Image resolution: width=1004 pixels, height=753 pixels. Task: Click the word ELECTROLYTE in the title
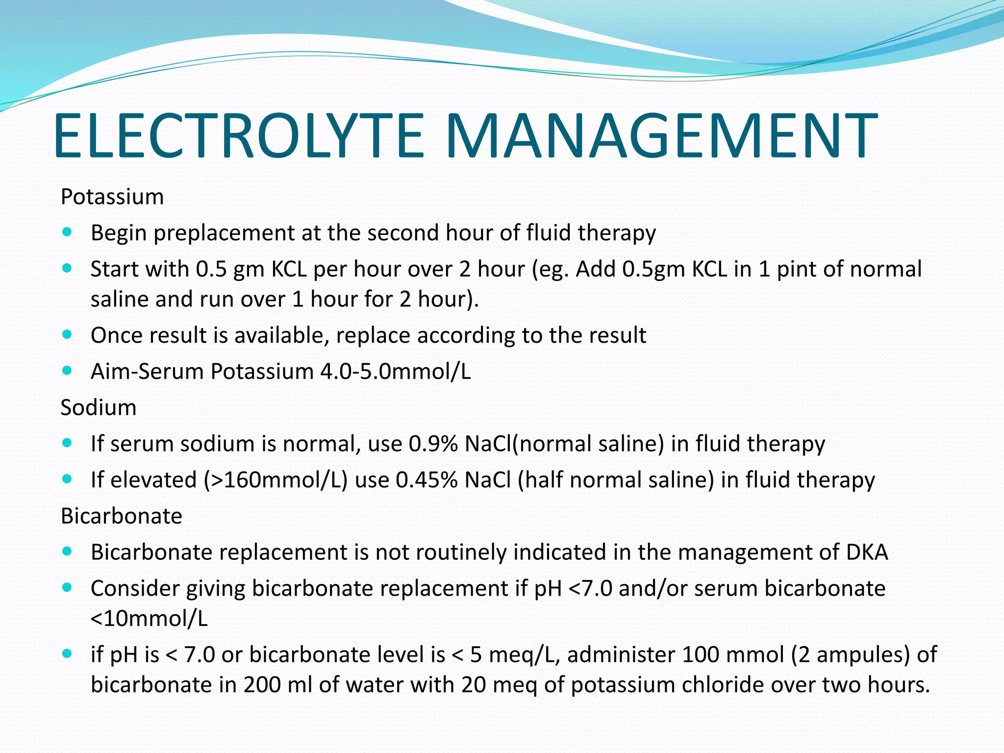[x=238, y=136]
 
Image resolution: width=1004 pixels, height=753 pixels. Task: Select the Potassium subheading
[x=112, y=197]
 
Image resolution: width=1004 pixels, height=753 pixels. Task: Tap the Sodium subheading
[x=99, y=408]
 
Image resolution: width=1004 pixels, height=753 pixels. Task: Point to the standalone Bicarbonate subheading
[x=122, y=516]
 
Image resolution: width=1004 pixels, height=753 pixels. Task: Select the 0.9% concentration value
[x=433, y=444]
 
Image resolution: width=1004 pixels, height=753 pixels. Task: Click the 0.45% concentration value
[x=427, y=480]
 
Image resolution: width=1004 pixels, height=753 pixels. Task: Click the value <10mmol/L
[x=150, y=619]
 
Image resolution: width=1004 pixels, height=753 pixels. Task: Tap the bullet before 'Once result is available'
[x=68, y=335]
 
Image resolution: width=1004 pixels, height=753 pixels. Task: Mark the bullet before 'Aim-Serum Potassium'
[x=68, y=371]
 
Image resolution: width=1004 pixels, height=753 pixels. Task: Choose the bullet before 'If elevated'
[x=68, y=479]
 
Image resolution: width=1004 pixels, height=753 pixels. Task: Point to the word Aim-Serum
[x=147, y=372]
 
